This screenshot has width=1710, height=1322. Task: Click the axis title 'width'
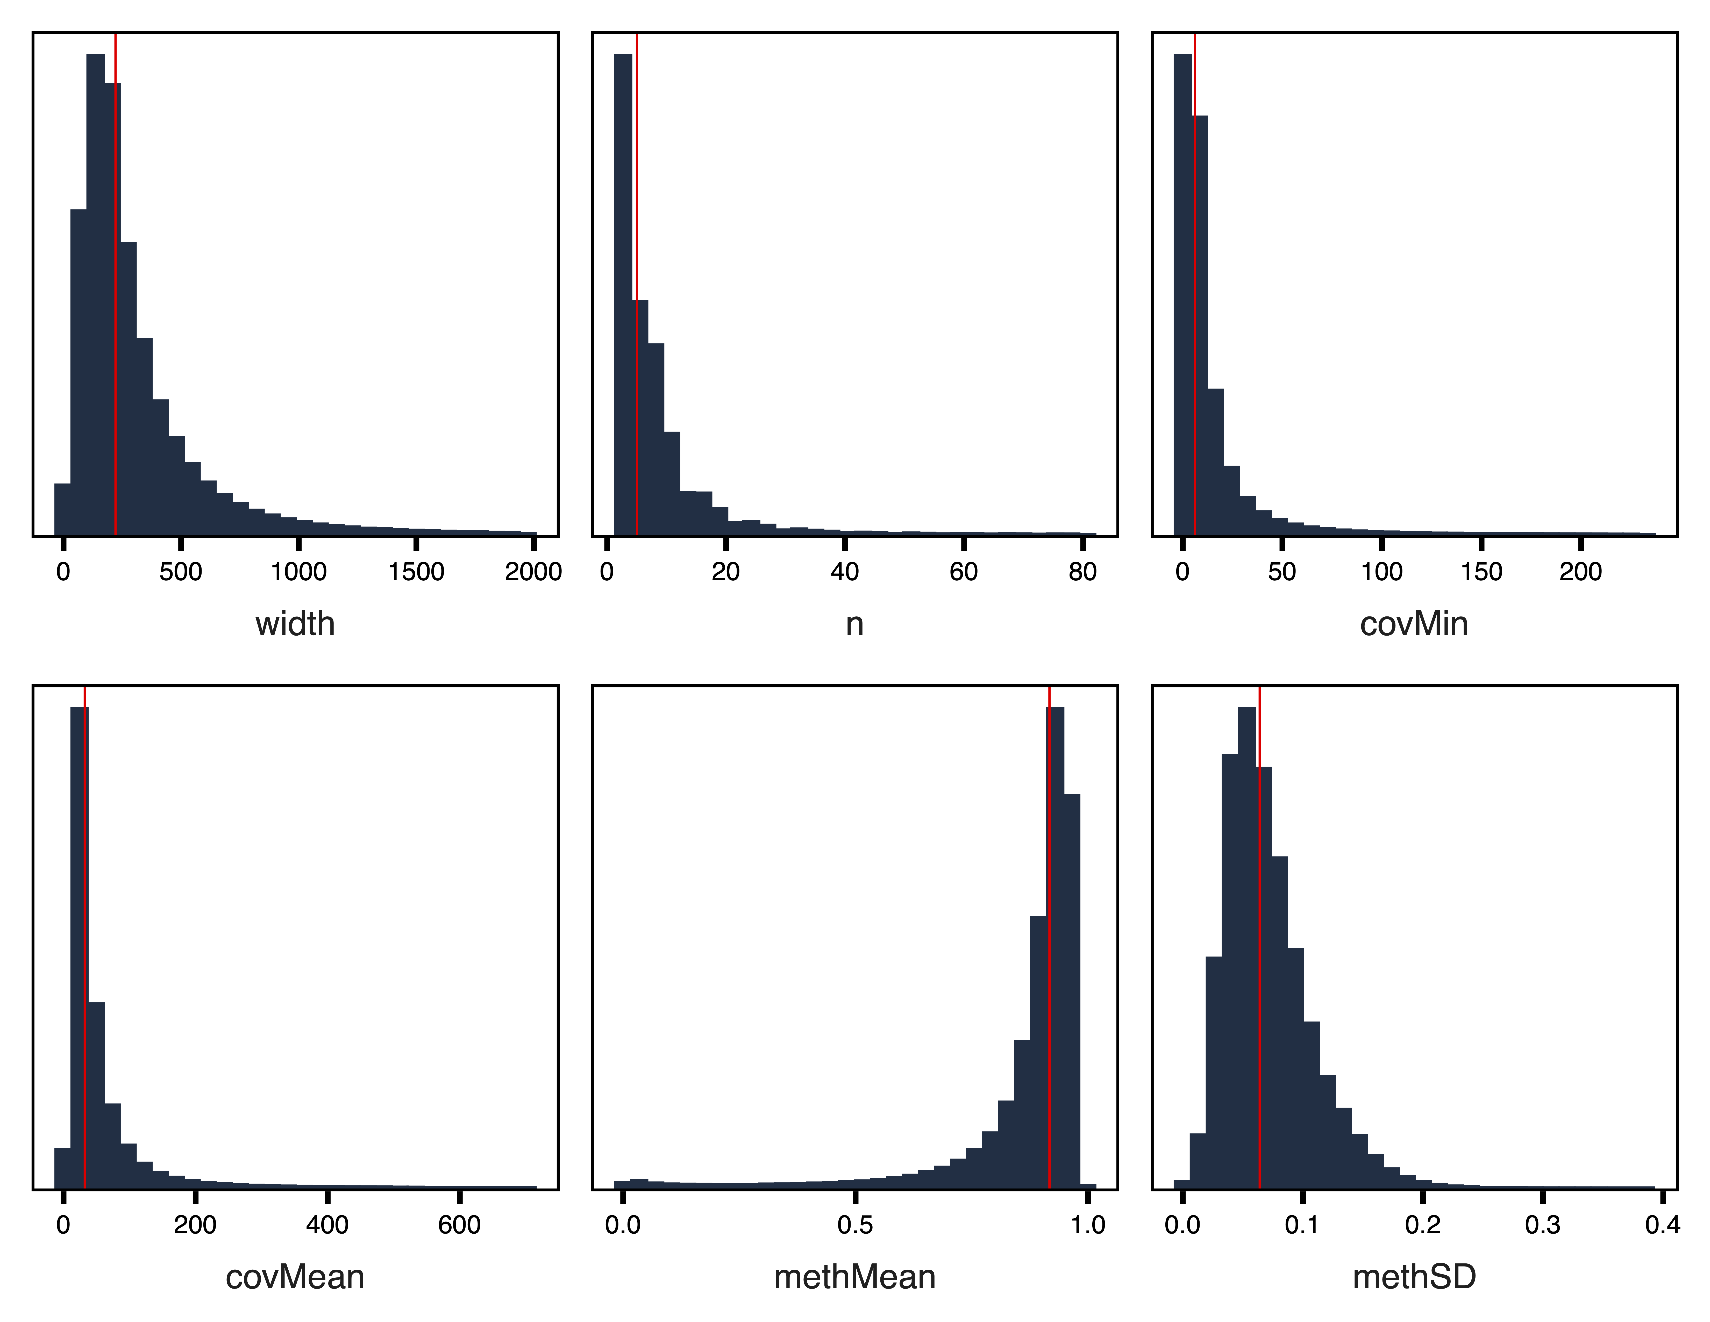(295, 624)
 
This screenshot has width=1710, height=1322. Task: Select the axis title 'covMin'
(1414, 624)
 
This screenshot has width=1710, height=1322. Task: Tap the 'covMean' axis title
(295, 1277)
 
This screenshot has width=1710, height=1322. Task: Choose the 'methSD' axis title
(1414, 1277)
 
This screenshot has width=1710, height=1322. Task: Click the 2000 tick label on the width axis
(533, 573)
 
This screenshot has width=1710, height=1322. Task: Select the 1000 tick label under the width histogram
(298, 573)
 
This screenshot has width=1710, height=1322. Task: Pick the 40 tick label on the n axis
(845, 573)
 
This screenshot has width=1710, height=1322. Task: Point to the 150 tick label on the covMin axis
(1481, 573)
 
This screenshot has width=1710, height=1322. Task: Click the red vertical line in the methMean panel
(1049, 940)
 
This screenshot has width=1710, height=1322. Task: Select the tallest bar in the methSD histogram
(1246, 940)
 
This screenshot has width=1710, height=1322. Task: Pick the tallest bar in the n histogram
(622, 298)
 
